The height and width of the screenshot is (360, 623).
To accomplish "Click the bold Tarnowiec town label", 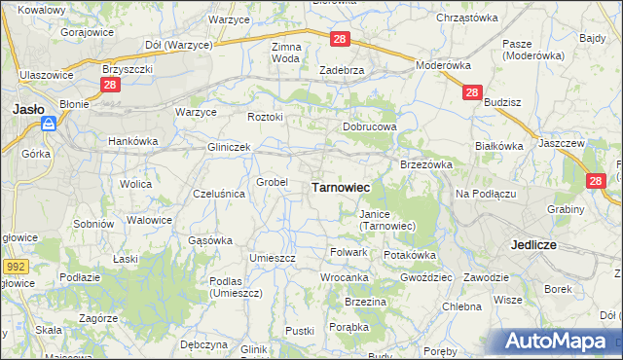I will (x=340, y=186).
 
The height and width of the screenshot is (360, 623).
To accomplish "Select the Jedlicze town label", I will (x=533, y=245).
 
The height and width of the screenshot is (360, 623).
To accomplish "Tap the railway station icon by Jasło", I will (x=48, y=124).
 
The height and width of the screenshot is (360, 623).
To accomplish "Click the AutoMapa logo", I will (x=562, y=341).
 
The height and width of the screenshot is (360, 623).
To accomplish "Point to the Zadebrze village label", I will (x=342, y=70).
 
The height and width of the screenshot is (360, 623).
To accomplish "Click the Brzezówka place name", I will (x=427, y=165).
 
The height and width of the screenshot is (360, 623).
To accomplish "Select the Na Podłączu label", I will (x=485, y=194).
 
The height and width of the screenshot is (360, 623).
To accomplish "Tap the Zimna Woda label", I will (x=286, y=53).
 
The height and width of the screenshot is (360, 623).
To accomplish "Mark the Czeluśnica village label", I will (x=219, y=194).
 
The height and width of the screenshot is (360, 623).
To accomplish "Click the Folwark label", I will (x=348, y=252).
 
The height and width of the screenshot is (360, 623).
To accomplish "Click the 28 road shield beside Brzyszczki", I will (x=108, y=86).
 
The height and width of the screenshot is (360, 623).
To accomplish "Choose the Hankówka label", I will (x=132, y=141).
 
